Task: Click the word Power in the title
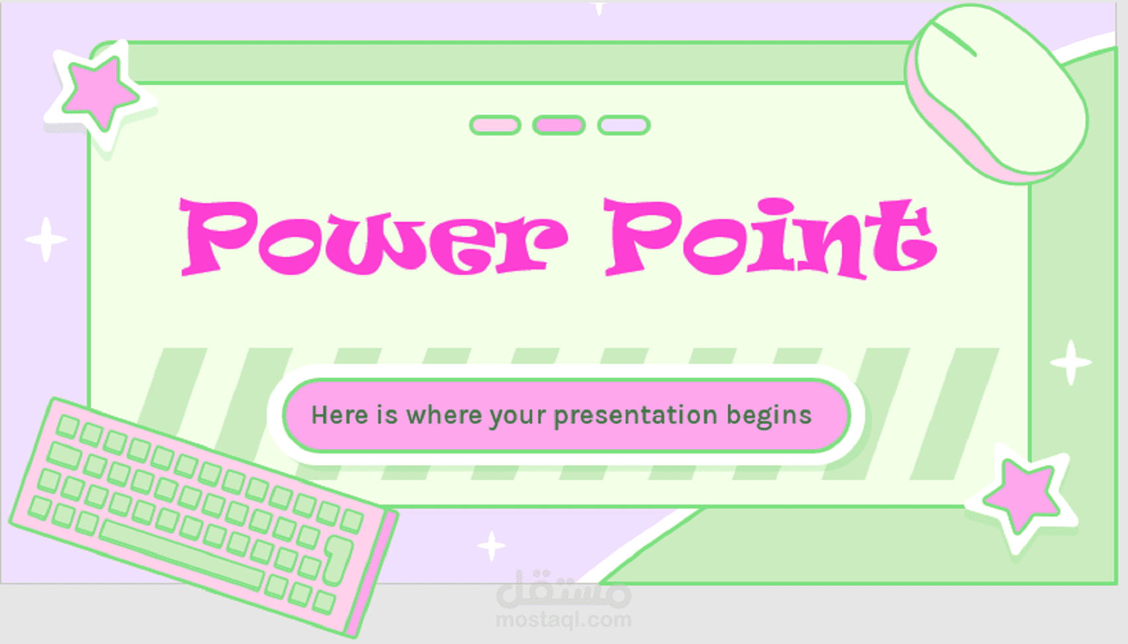[x=374, y=237]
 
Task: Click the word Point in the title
[x=770, y=238]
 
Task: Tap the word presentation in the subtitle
[x=636, y=416]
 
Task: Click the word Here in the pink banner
[x=340, y=415]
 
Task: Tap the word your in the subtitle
[x=518, y=417]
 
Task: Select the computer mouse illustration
[x=997, y=93]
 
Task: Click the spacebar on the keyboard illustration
[x=181, y=554]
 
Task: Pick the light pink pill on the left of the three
[x=495, y=125]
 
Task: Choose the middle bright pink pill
[x=559, y=125]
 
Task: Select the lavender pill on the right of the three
[x=624, y=125]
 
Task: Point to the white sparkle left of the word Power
[x=46, y=240]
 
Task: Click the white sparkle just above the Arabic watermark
[x=492, y=546]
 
